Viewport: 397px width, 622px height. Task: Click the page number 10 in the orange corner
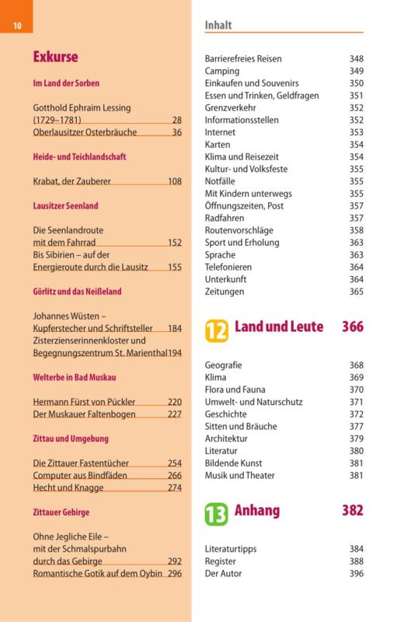point(17,26)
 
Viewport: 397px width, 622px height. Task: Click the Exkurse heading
point(55,57)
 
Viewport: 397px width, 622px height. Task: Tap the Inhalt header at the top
point(218,25)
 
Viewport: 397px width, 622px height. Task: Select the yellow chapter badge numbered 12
point(217,331)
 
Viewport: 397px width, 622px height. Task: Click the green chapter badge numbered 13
point(216,514)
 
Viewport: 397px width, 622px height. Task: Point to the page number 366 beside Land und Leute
point(353,327)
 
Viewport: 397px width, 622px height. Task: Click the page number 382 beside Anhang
point(353,510)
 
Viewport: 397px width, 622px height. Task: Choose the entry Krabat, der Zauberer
point(71,181)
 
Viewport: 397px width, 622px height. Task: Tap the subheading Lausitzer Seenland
point(65,206)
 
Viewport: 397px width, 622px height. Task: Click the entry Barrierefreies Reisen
point(243,59)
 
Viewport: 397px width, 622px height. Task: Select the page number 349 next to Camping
point(356,71)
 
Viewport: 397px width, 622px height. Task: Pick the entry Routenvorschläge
point(239,230)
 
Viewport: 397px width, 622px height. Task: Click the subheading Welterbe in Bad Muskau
point(75,377)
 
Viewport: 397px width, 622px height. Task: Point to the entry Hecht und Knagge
point(68,488)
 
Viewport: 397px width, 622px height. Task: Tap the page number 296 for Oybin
point(175,574)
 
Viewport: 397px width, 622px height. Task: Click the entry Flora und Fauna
point(235,390)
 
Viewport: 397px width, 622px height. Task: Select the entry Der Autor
point(223,574)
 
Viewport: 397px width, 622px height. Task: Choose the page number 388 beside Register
point(356,561)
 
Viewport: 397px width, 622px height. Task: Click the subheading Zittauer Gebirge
point(61,512)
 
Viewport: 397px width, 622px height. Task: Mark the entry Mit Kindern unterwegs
point(248,194)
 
